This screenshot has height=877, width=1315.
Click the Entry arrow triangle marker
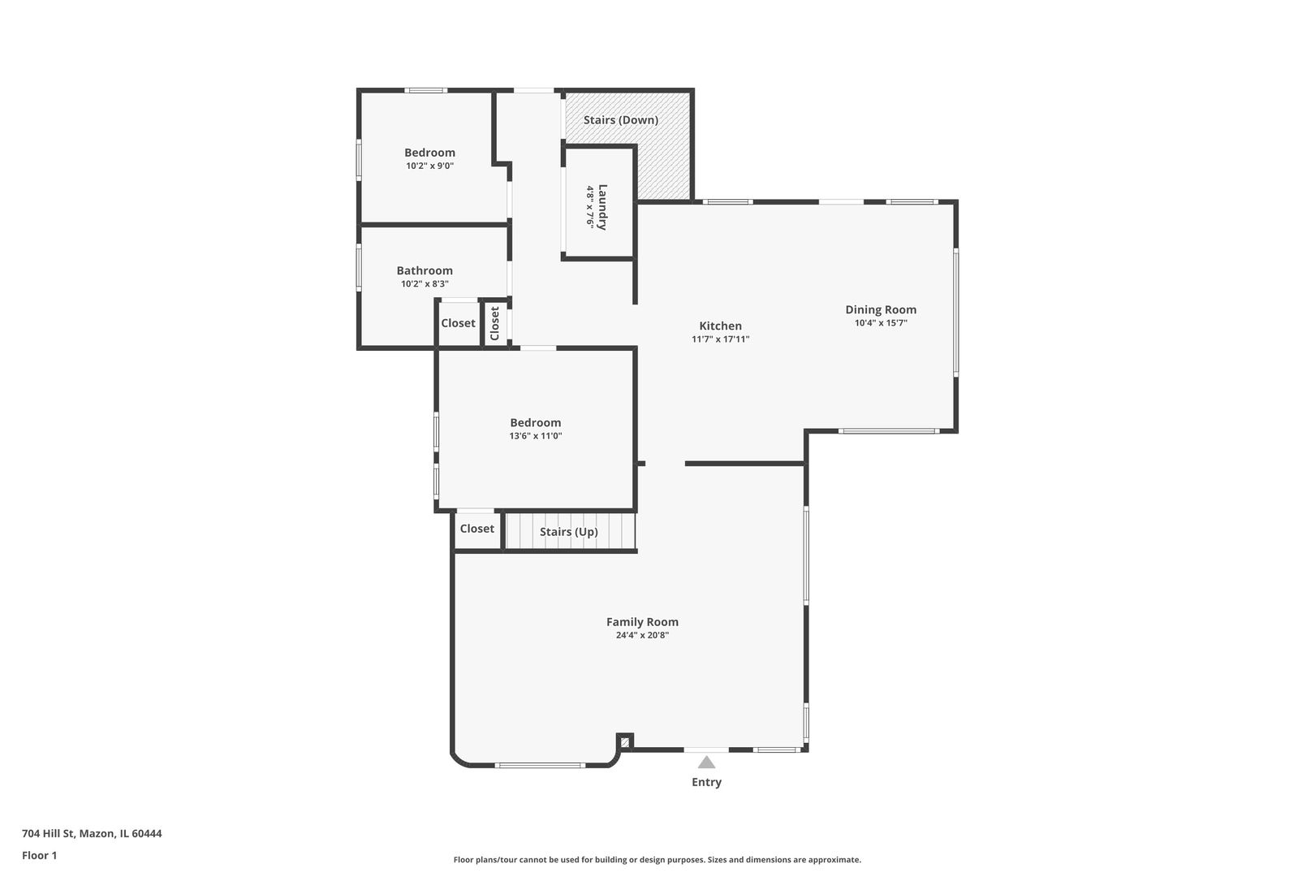coord(706,762)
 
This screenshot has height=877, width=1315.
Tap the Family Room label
coord(642,622)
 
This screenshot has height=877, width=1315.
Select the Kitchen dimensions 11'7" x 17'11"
coord(720,339)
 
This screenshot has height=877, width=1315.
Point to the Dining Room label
coord(881,309)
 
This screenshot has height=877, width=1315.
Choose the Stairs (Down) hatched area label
coord(621,120)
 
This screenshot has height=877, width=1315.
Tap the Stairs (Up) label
coord(568,532)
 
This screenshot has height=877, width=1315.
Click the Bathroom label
coord(425,270)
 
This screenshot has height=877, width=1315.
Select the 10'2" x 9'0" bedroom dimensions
coord(429,166)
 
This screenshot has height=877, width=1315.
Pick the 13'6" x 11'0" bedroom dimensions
coord(535,436)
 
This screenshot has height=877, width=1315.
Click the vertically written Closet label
coord(494,323)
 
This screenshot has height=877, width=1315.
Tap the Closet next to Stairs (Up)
coord(476,529)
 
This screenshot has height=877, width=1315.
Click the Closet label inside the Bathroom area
coord(458,323)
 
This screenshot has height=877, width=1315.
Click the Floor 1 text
coord(39,855)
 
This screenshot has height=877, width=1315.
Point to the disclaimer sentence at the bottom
coord(657,859)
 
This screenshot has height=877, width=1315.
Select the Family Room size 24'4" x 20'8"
coord(642,636)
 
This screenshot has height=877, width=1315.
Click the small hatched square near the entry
coord(625,741)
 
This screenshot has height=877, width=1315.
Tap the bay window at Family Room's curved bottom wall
coord(540,765)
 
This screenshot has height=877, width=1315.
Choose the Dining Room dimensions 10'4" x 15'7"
coord(881,323)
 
